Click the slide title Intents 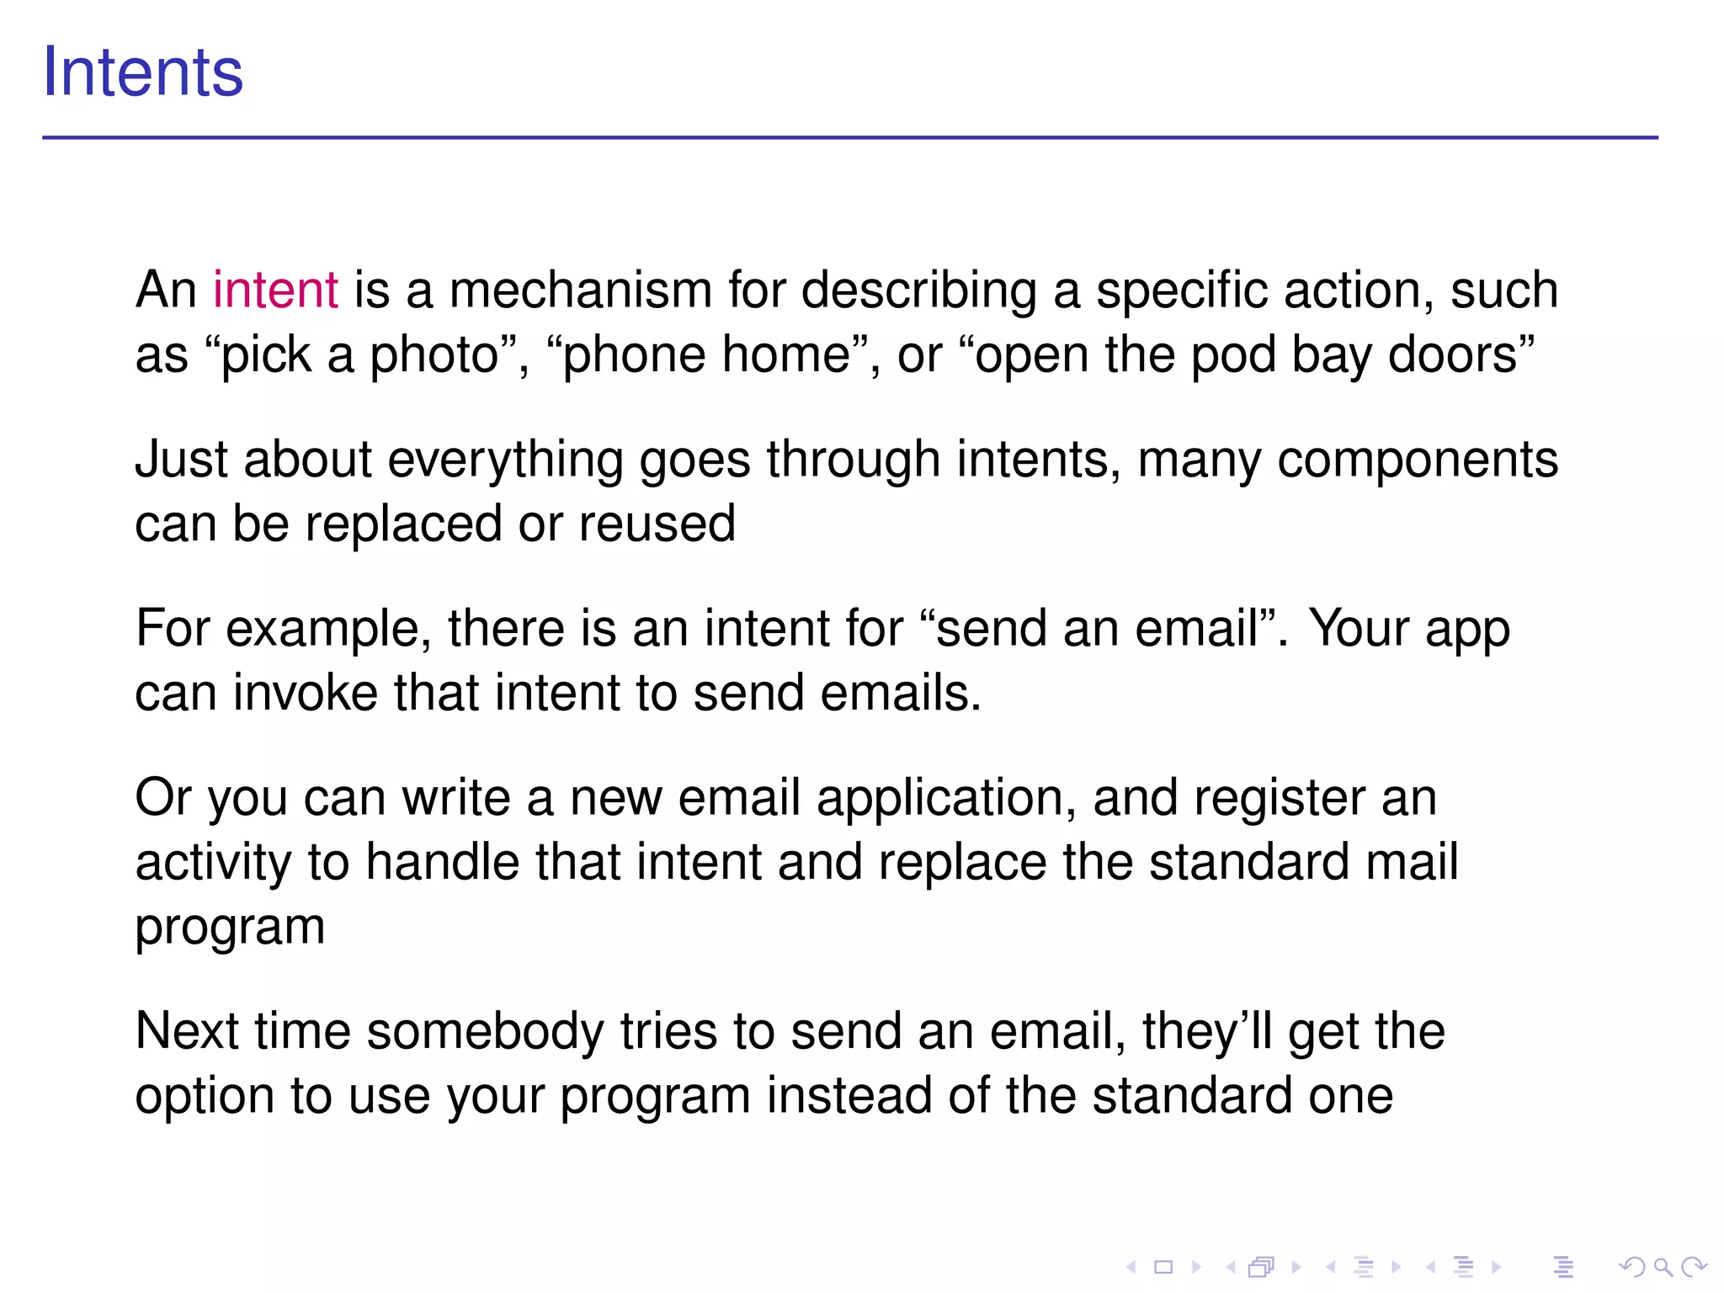pos(143,72)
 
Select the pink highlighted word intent pos(275,290)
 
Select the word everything pos(504,461)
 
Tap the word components pos(1418,461)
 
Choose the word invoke pos(305,693)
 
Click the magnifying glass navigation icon pos(1663,1266)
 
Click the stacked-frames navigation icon pos(1261,1266)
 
